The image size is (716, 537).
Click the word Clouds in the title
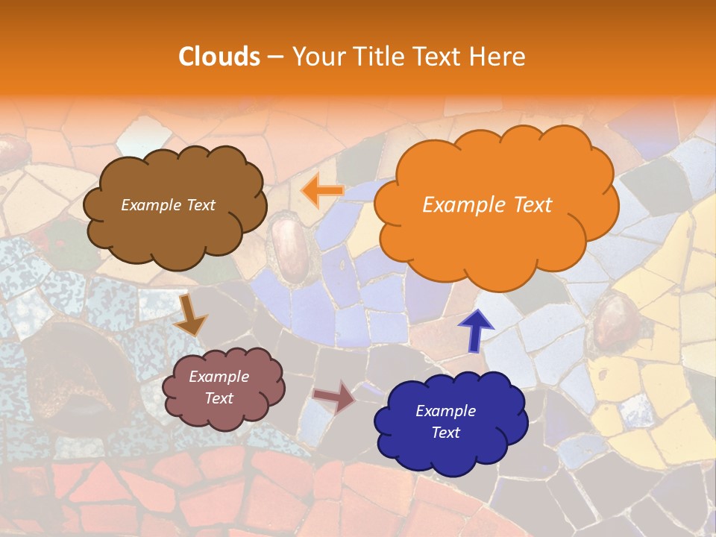click(219, 57)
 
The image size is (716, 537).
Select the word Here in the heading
click(497, 57)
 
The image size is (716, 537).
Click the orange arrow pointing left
click(322, 191)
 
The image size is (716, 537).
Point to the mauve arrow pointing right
click(335, 397)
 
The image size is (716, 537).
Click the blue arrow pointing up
click(475, 329)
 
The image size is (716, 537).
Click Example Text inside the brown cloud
click(168, 205)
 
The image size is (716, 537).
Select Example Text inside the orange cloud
click(487, 205)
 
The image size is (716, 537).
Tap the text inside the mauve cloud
click(219, 388)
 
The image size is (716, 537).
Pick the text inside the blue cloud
click(445, 422)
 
